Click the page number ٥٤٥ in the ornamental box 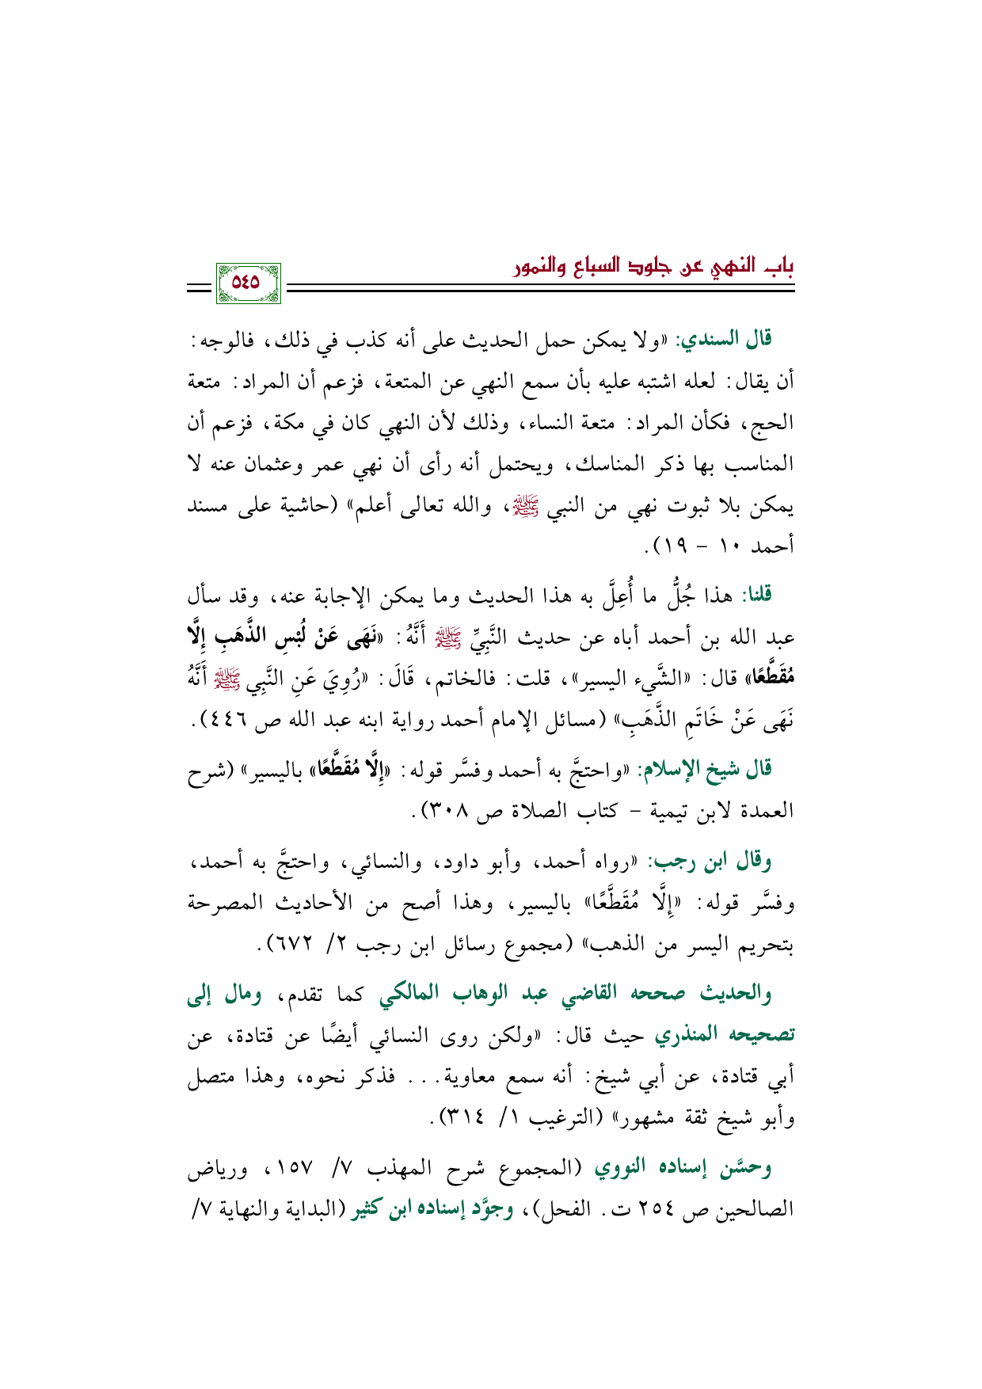click(x=248, y=282)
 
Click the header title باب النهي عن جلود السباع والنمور click(x=653, y=264)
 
